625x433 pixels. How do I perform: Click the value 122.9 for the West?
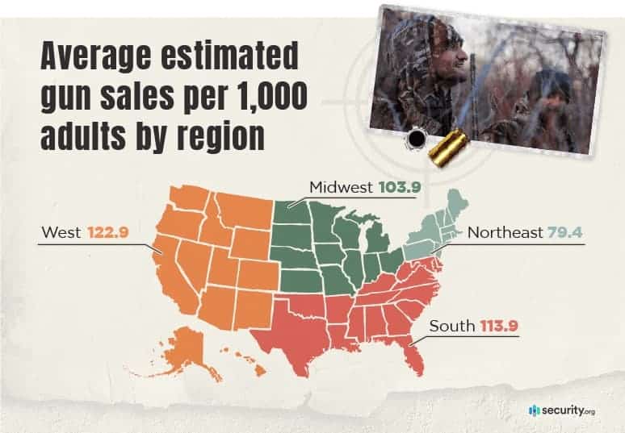pos(108,232)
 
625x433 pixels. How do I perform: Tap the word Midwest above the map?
pos(340,188)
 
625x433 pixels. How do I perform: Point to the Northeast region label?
pos(505,233)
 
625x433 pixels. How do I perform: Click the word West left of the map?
pos(61,232)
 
